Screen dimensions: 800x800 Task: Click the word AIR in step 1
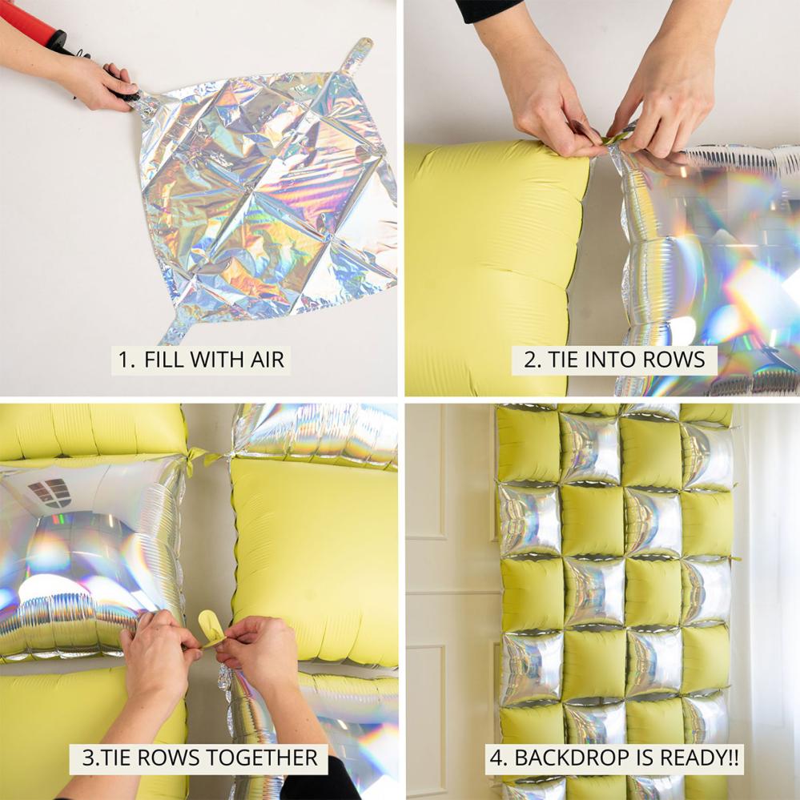[267, 360]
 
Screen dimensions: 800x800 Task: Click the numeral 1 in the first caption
[123, 360]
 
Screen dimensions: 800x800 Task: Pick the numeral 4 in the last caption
[497, 757]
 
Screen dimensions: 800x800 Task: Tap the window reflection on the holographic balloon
[50, 492]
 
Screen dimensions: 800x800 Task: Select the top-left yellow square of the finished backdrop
[528, 443]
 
